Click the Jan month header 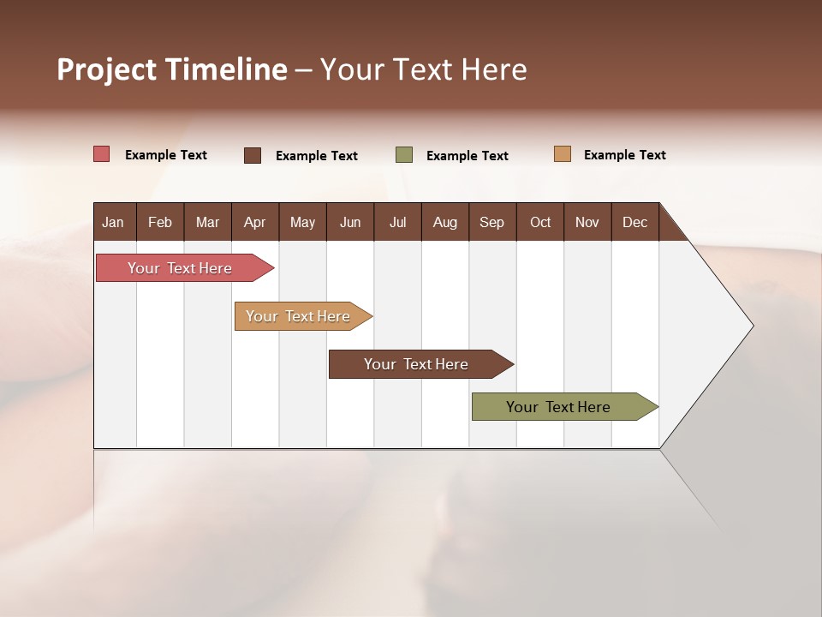(114, 222)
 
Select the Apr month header (255, 222)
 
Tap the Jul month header (397, 222)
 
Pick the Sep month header (491, 222)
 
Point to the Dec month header (634, 222)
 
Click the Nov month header (587, 222)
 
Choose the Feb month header (160, 222)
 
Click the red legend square (102, 154)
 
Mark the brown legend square (253, 155)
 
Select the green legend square (404, 155)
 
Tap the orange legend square (563, 154)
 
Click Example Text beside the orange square (624, 155)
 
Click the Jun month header (350, 222)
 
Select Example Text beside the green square (467, 156)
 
